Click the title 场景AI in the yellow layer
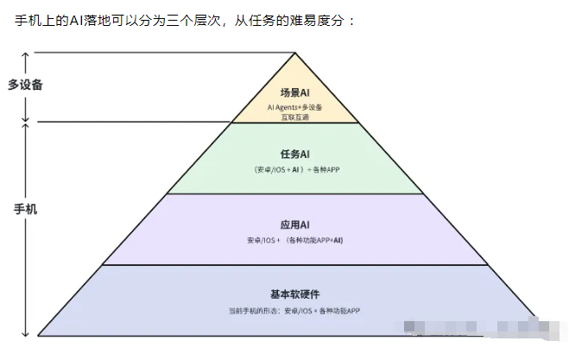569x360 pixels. [295, 92]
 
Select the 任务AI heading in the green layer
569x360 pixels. [295, 154]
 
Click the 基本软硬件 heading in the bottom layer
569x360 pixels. [295, 294]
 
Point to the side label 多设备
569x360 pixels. [25, 85]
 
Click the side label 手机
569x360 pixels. [25, 209]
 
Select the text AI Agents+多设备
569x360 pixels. [295, 107]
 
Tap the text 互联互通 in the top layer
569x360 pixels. [295, 117]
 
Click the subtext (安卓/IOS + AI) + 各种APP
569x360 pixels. [295, 169]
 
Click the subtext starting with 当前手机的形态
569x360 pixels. [295, 309]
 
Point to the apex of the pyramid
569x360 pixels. [295, 54]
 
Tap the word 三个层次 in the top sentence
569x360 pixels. [201, 20]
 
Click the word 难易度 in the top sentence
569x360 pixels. [305, 20]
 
